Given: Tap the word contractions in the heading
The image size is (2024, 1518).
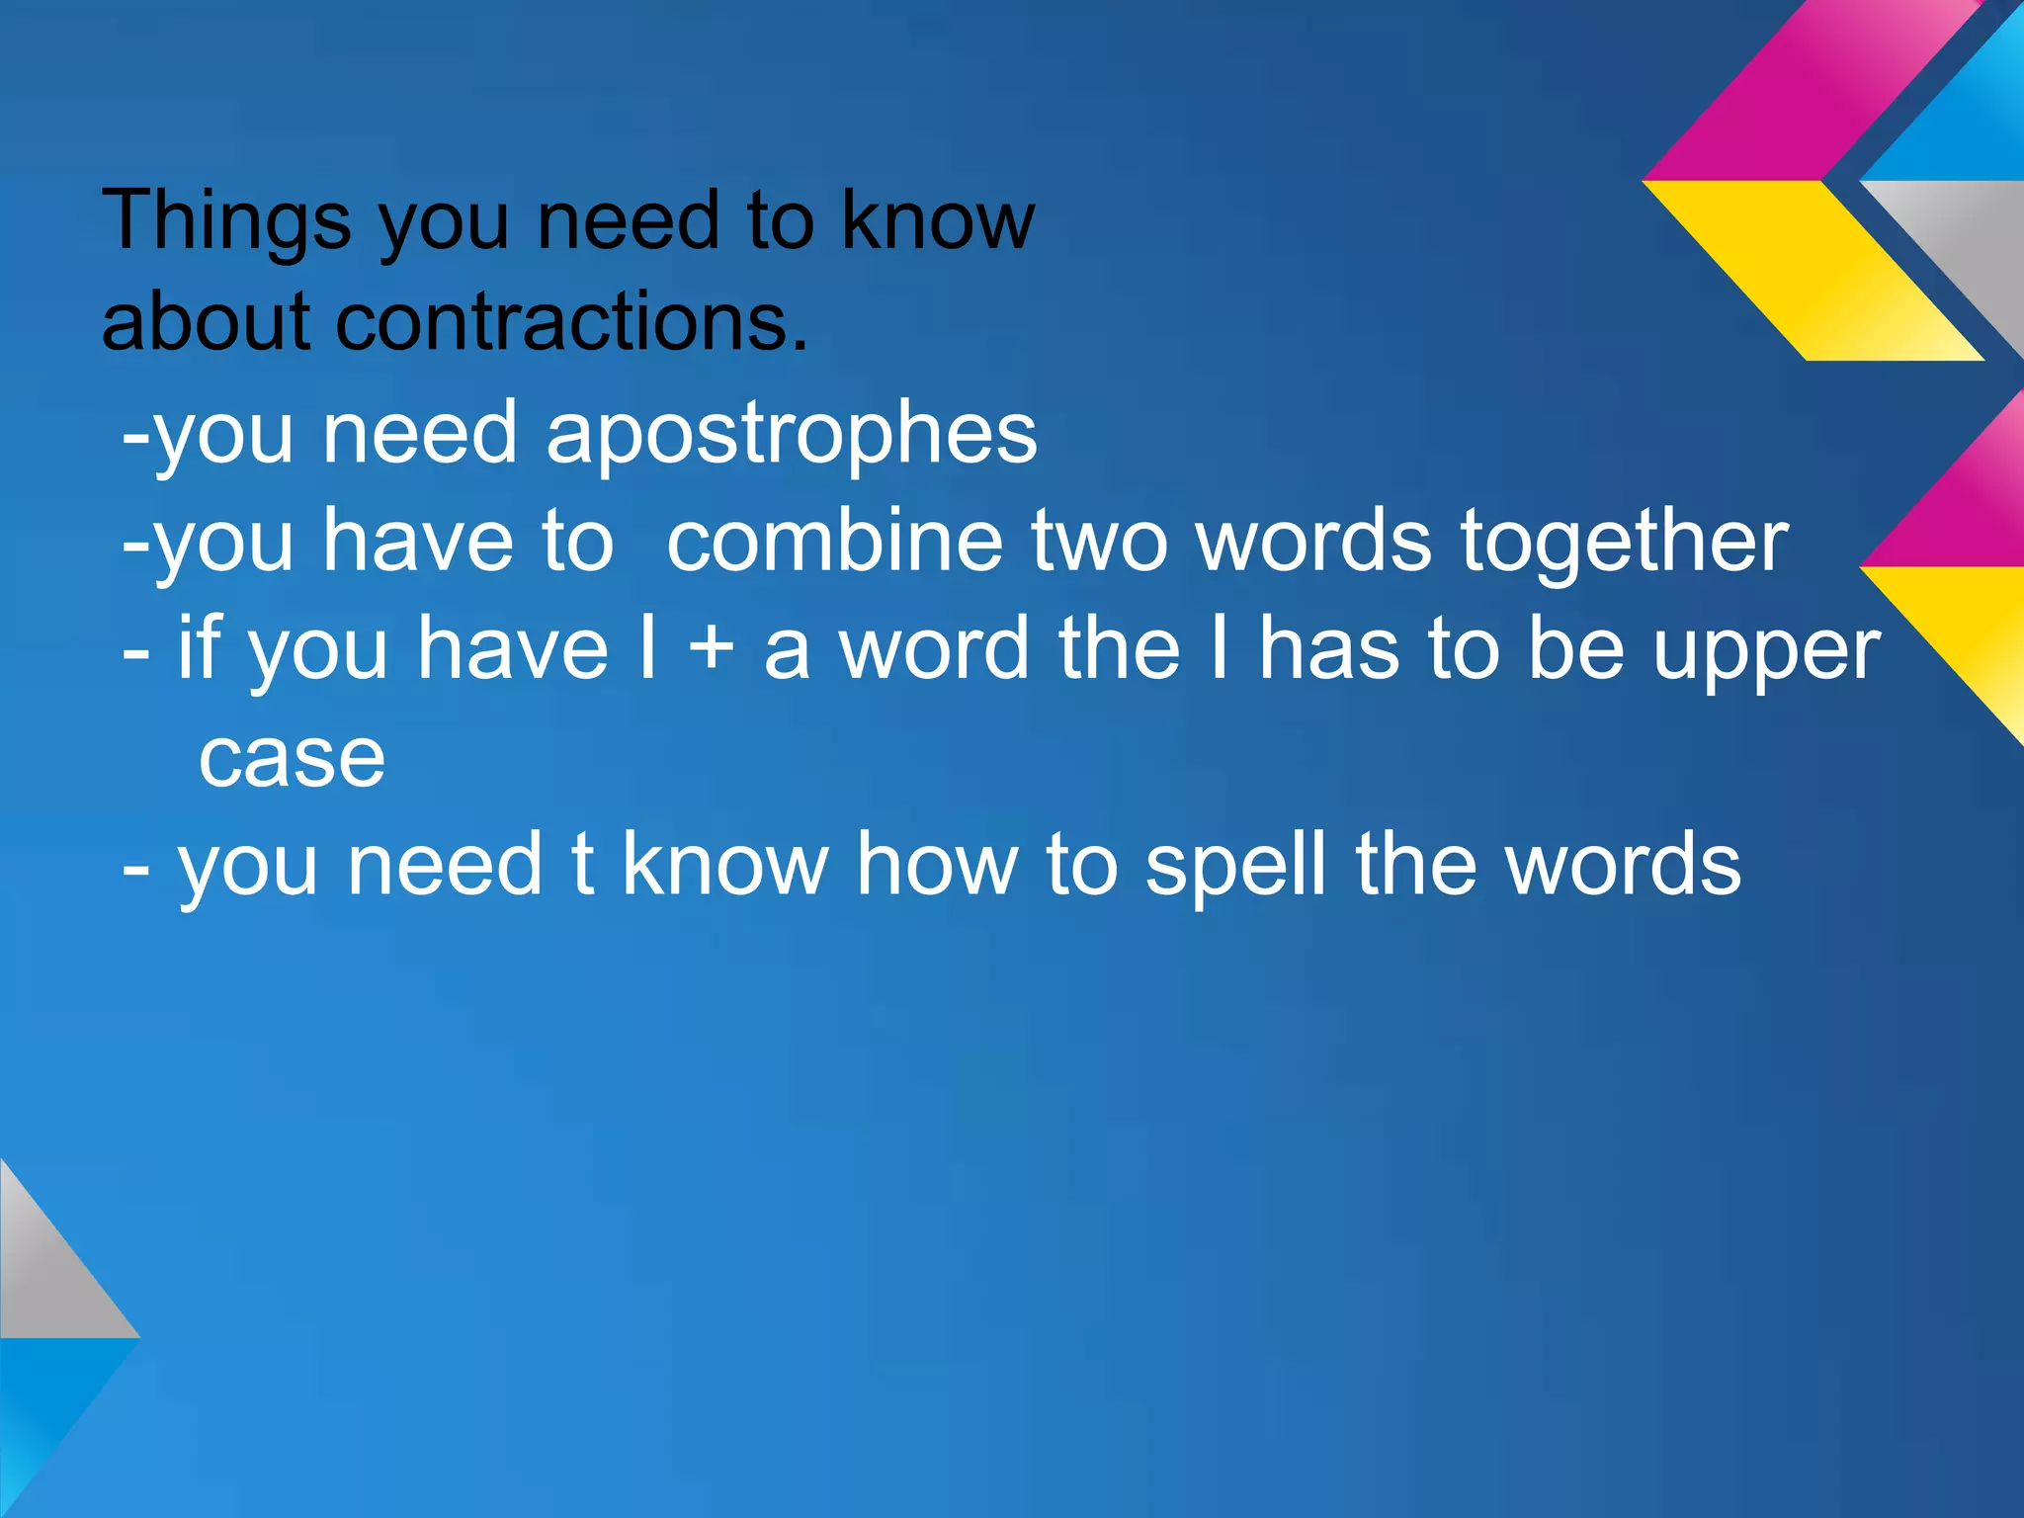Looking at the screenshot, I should [571, 323].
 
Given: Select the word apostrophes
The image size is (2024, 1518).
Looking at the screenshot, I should [791, 436].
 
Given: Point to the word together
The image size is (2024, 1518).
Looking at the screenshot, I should [1624, 544].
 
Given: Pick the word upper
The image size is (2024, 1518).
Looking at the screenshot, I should [1766, 652].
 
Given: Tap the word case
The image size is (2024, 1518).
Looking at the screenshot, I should [292, 759].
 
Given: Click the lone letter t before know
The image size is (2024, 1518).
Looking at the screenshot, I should [583, 865].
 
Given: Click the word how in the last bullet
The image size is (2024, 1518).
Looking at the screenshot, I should [937, 865].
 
